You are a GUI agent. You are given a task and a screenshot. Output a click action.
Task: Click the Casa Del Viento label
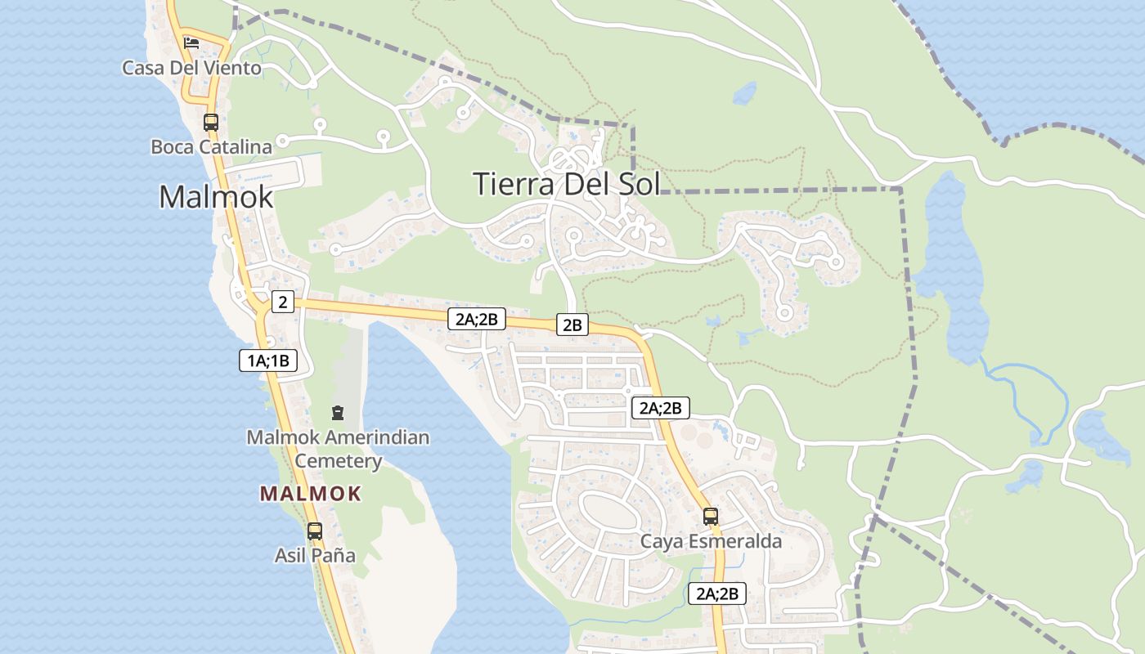191,68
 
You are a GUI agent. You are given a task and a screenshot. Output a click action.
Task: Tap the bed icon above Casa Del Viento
191,43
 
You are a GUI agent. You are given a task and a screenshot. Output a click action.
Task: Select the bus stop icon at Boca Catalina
211,123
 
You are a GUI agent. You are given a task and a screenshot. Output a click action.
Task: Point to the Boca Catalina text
211,147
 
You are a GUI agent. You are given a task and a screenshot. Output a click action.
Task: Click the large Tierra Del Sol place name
566,184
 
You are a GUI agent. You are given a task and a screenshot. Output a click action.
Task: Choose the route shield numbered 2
282,302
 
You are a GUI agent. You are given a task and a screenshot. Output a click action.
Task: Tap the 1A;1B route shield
268,360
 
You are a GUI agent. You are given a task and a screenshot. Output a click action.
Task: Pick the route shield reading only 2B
572,325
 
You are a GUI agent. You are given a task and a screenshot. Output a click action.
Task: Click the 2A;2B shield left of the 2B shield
476,319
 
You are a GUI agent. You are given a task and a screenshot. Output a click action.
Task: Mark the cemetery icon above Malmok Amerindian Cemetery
338,414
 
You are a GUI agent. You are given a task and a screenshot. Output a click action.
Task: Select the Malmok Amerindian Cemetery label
338,449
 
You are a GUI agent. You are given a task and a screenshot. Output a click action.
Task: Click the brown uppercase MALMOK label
311,494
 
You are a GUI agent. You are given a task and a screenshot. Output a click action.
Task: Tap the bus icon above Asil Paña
315,531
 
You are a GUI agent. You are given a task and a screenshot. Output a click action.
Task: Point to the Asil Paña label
315,556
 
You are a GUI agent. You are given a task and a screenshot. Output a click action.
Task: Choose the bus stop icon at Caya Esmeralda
711,516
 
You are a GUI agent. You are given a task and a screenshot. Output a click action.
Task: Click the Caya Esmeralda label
711,541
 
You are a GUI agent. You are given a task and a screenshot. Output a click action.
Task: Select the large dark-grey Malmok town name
216,197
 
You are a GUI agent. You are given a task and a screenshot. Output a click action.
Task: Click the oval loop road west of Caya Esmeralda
611,495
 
